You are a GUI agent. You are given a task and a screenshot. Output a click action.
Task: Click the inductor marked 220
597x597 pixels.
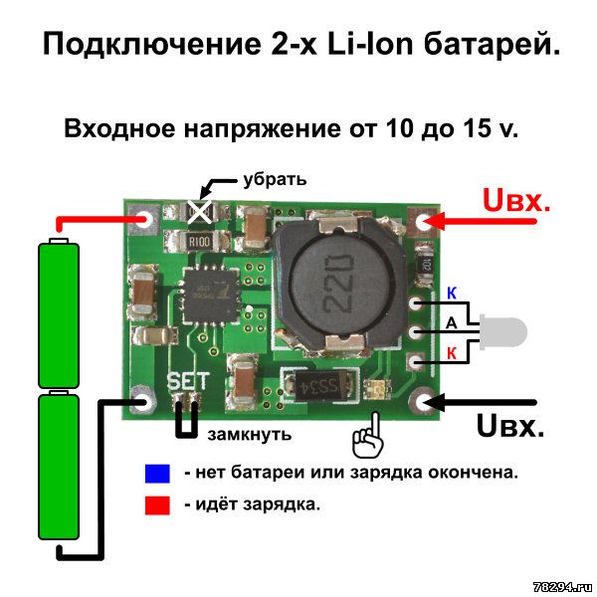(339, 285)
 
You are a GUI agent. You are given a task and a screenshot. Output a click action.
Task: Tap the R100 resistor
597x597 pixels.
(198, 241)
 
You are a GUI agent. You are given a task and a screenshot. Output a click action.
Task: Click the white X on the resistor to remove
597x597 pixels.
(199, 212)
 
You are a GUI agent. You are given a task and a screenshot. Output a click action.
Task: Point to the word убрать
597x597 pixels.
(275, 179)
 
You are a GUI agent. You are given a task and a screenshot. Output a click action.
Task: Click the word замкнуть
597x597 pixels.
(250, 434)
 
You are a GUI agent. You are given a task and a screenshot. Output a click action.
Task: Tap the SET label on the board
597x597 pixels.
(188, 381)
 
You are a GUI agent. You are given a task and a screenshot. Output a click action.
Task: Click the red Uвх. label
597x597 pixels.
(516, 200)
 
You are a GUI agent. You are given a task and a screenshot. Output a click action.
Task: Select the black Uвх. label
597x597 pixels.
(510, 426)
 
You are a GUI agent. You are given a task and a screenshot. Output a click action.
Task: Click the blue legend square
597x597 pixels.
(157, 474)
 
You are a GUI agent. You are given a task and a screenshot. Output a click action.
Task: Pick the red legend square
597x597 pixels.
(157, 505)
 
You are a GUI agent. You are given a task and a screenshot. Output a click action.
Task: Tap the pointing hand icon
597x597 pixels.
(368, 435)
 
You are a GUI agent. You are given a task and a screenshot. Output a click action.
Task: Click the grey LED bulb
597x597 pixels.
(503, 331)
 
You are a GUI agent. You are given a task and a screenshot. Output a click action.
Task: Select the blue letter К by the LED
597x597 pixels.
(452, 294)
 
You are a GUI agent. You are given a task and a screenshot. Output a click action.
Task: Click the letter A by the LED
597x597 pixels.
(451, 323)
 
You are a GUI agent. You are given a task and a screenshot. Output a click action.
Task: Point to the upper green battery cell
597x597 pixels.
(59, 314)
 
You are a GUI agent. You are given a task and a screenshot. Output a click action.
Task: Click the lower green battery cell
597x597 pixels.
(59, 466)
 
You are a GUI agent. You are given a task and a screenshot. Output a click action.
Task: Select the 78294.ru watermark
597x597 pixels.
(563, 587)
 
